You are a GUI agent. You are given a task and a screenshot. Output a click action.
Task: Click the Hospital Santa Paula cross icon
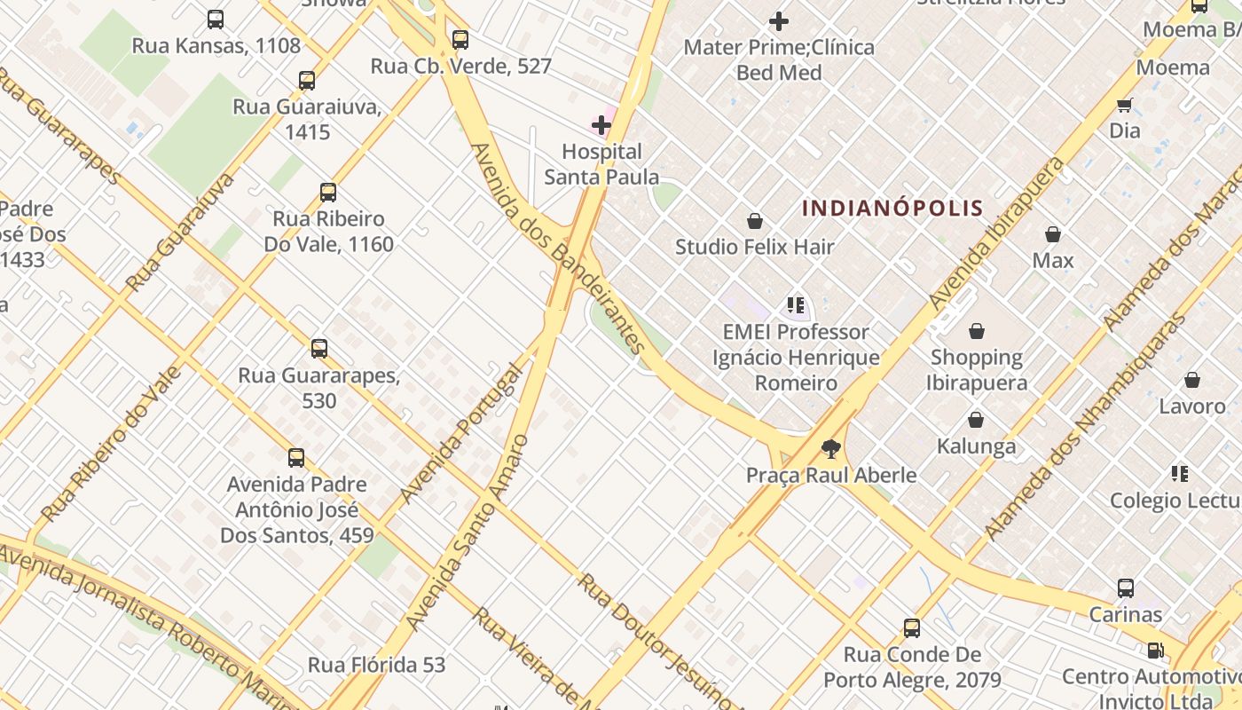coord(601,125)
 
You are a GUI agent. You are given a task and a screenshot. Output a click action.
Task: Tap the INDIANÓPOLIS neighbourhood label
coord(892,209)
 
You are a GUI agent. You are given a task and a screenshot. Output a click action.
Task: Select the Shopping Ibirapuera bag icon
coord(977,332)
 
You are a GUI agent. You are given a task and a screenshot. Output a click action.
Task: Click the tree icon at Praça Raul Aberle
coord(830,449)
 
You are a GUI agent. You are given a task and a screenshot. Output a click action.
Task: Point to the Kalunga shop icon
coord(976,420)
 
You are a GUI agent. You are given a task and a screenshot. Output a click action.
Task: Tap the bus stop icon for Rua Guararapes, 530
coord(319,349)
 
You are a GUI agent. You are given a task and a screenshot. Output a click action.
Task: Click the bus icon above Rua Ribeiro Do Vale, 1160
coord(328,193)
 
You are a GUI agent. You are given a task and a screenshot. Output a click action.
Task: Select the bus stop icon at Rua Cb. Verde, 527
coord(460,40)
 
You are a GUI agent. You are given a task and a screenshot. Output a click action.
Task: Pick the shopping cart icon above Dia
coord(1125,106)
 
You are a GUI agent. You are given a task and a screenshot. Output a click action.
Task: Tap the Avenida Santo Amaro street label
coord(468,532)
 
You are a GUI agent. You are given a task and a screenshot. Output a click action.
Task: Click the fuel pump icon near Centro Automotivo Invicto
coord(1155,651)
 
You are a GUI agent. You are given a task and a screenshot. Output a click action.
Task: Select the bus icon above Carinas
coord(1126,588)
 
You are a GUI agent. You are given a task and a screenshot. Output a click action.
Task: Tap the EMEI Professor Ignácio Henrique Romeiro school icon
coord(796,306)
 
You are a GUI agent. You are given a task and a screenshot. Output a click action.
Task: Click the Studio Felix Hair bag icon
coord(755,221)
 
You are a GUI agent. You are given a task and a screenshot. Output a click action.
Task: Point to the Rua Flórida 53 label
coord(376,665)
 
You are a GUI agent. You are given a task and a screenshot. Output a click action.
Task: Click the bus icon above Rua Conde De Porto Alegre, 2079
coord(912,628)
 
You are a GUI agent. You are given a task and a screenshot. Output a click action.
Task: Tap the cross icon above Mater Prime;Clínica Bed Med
coord(779,21)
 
